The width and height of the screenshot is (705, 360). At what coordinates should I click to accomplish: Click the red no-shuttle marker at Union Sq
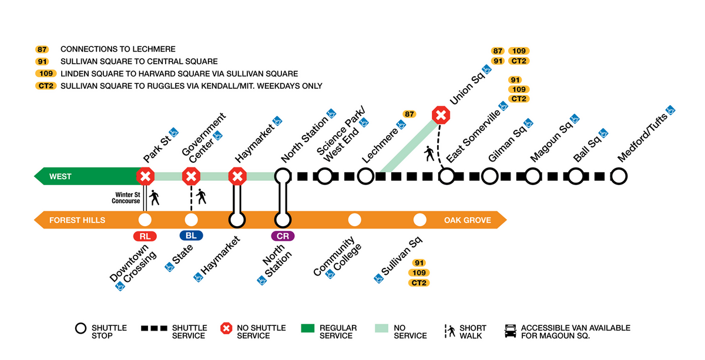click(441, 115)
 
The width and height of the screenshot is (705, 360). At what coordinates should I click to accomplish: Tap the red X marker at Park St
click(145, 176)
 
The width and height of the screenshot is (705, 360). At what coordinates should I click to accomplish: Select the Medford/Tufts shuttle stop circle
click(619, 176)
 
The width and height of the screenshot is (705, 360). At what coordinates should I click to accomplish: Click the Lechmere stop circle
click(365, 176)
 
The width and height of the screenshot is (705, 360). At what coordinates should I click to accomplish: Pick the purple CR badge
click(283, 236)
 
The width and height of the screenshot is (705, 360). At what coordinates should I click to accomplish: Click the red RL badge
click(145, 236)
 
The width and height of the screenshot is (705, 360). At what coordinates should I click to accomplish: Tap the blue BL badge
click(191, 236)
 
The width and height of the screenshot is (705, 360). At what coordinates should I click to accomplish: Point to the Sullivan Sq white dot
click(419, 220)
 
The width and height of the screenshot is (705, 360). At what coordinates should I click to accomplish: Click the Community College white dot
click(354, 220)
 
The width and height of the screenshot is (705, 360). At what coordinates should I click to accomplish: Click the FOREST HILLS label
click(77, 220)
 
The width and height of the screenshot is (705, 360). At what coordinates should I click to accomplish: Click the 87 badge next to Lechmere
click(409, 114)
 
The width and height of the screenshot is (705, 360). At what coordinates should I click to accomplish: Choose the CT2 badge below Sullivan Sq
click(419, 283)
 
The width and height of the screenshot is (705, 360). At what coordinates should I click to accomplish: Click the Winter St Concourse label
click(127, 198)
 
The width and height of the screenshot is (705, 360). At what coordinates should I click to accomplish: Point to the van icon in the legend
click(511, 331)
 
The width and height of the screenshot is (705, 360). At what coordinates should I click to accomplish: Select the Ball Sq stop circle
click(576, 176)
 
